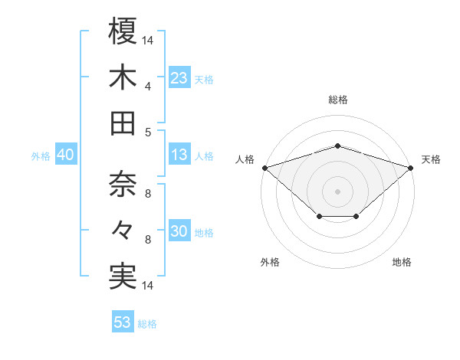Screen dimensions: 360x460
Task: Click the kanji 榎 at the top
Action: point(123,31)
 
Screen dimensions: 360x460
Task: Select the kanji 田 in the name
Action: point(123,123)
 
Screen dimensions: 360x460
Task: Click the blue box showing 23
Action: point(179,78)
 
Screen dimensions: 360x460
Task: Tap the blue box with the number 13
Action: point(179,155)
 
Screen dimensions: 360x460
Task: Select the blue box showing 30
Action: point(179,231)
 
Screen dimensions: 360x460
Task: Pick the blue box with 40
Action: point(65,155)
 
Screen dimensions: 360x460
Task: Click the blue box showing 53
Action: point(123,322)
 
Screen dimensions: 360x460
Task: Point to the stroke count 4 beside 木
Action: point(148,86)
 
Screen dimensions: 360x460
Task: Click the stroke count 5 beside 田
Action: point(148,132)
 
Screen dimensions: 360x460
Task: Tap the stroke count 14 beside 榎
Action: point(148,39)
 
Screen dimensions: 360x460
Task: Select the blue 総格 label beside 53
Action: point(147,324)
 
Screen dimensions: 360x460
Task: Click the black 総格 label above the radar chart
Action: point(337,100)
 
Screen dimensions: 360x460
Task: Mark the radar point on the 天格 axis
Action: point(411,167)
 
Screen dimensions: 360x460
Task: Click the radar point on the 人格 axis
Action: point(264,167)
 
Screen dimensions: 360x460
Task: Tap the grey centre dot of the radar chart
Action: point(337,191)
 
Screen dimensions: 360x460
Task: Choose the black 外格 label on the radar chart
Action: point(270,262)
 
